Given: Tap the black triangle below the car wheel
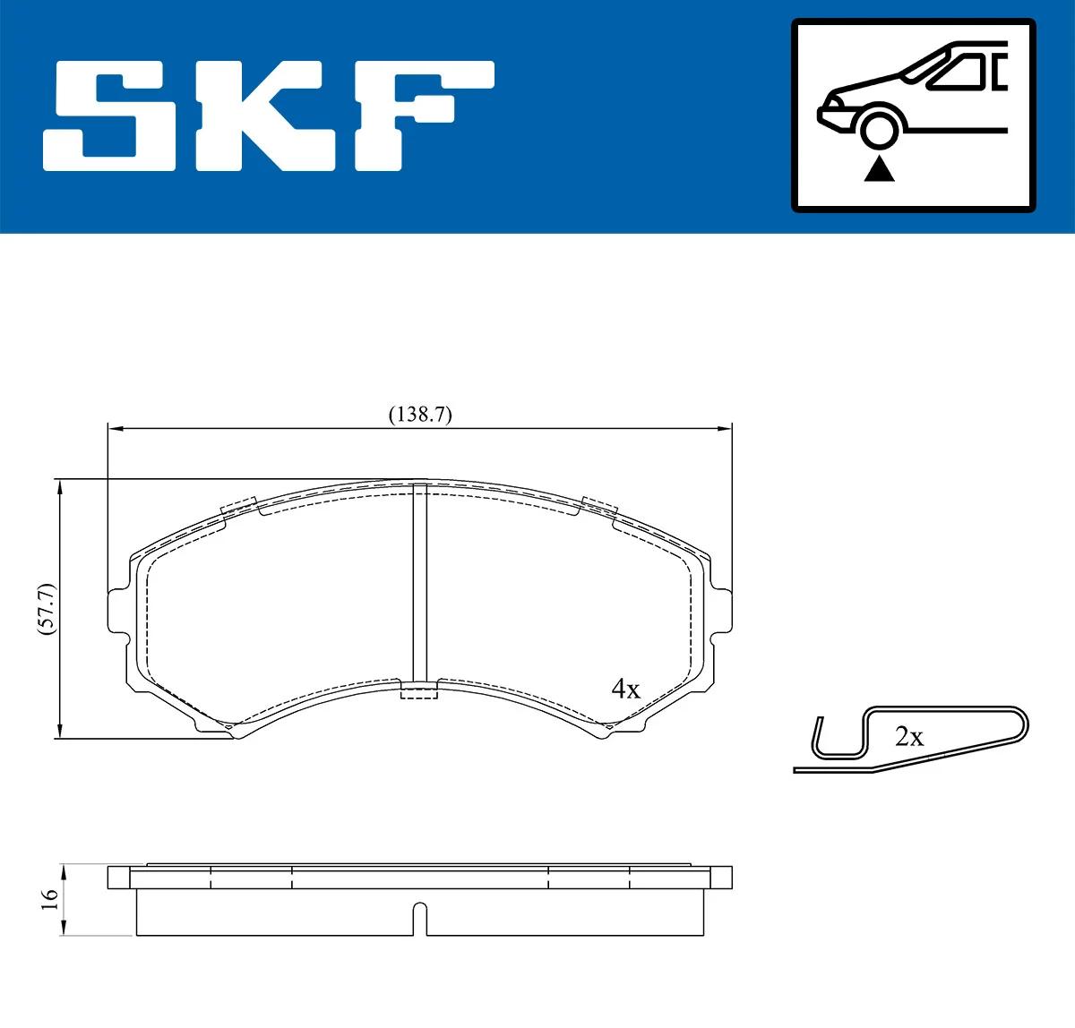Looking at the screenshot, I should tap(880, 168).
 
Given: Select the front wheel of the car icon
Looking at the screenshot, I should tap(879, 128).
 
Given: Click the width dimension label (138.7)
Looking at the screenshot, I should tap(419, 415).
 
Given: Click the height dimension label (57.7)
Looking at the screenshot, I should tap(47, 609).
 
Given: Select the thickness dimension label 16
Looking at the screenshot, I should tap(50, 899).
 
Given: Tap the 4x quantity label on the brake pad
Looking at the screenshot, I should tap(625, 689).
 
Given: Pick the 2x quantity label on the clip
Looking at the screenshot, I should tap(908, 737).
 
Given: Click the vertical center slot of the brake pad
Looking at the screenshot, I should tap(419, 587).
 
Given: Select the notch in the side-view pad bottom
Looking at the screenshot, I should tap(419, 919).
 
